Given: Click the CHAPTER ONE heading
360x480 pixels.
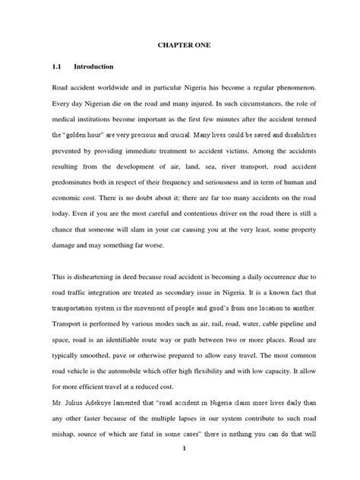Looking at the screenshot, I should pos(180,55).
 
